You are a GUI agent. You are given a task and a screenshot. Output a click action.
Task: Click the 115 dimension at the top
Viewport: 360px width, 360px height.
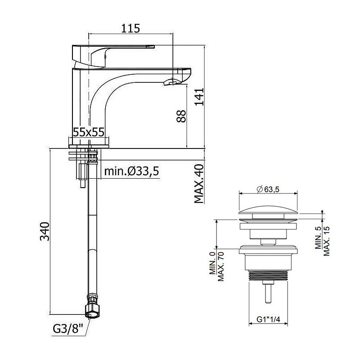(x=130, y=28)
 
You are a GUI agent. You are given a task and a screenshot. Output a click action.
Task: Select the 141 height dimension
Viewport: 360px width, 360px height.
(x=199, y=97)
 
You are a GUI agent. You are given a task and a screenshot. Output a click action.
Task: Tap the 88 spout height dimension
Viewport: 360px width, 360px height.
(x=181, y=116)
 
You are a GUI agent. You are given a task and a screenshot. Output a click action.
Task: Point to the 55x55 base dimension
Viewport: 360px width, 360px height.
(x=89, y=132)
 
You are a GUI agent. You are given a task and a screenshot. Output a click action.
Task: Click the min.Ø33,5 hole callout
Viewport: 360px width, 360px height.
(x=131, y=171)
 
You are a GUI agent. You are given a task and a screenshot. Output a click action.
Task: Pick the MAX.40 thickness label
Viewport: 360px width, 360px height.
(x=199, y=184)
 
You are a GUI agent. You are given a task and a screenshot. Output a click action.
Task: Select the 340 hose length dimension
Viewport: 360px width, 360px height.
(x=45, y=231)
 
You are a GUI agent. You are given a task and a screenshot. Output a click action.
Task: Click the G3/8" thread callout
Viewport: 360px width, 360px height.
(x=68, y=329)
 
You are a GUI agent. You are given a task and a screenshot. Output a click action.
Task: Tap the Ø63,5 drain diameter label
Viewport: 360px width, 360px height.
(x=268, y=189)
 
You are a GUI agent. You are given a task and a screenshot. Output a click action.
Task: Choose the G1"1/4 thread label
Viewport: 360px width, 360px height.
(x=268, y=319)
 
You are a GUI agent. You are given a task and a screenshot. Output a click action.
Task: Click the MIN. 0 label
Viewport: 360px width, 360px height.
(x=212, y=263)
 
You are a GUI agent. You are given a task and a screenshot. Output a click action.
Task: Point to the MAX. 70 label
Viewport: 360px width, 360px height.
(x=220, y=266)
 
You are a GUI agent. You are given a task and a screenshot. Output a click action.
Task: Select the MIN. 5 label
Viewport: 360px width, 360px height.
(x=318, y=238)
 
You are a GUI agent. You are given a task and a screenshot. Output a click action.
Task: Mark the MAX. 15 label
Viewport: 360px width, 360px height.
(x=326, y=241)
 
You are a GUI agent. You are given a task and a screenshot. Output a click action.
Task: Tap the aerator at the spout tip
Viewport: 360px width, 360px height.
(x=172, y=82)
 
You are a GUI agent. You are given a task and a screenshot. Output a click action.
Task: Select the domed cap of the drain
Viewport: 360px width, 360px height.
(x=268, y=210)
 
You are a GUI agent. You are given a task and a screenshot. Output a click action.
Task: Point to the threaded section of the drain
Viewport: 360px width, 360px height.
(x=268, y=275)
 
